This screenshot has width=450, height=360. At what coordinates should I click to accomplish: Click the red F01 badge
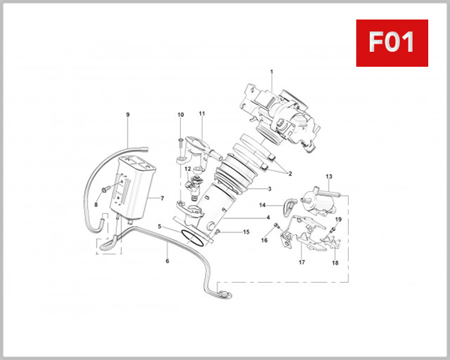[x=391, y=43]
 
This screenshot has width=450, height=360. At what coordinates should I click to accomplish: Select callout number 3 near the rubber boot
[x=269, y=188]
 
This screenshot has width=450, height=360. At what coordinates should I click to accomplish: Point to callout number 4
[x=268, y=217]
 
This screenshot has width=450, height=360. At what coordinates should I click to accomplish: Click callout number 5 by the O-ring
[x=159, y=226]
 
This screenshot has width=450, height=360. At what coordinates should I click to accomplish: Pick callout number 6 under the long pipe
[x=167, y=261]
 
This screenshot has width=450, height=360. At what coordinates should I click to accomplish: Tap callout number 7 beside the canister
[x=161, y=198]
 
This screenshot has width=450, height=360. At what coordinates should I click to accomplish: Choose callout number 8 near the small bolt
[x=96, y=205]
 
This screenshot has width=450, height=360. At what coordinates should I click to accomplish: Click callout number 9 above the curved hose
[x=127, y=115]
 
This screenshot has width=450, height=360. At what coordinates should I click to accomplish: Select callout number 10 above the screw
[x=180, y=115]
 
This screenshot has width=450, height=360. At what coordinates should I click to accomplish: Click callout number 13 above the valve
[x=328, y=175]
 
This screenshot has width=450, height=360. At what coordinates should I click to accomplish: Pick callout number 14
[x=262, y=205]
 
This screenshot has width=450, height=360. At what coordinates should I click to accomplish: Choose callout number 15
[x=246, y=232]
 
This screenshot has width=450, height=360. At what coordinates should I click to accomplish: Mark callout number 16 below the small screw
[x=264, y=240]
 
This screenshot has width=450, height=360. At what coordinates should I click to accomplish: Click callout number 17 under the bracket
[x=301, y=262]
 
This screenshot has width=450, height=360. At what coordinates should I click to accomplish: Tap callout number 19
[x=338, y=219]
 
